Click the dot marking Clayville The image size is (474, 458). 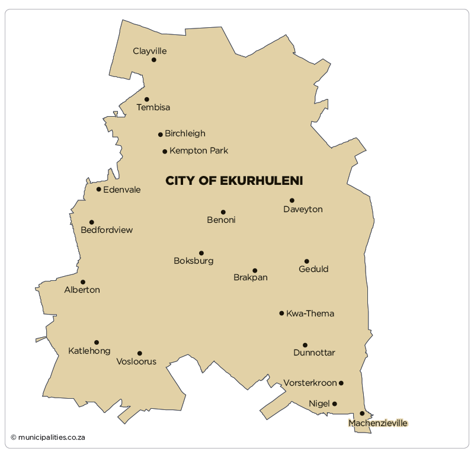[x=154, y=60]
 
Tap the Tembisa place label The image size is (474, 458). [x=153, y=107]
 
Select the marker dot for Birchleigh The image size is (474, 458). [x=161, y=134]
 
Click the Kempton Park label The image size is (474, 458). [x=198, y=150]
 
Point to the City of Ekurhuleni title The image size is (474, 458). [x=234, y=181]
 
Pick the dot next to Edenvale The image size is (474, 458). [x=99, y=190]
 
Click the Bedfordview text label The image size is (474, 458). [x=107, y=230]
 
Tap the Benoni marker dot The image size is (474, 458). [x=223, y=212]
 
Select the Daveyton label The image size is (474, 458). [x=303, y=209]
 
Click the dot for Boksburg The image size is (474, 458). [x=201, y=253]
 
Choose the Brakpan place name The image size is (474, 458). [x=251, y=277]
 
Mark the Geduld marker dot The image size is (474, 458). [x=307, y=261]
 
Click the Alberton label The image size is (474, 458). [x=82, y=290]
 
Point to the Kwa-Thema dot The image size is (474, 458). [x=282, y=313]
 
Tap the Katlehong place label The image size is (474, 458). [x=89, y=351]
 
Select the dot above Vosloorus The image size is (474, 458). [x=140, y=353]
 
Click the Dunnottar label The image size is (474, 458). [x=314, y=353]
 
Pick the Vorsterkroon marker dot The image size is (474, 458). [x=341, y=383]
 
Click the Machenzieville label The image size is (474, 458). [x=378, y=423]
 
